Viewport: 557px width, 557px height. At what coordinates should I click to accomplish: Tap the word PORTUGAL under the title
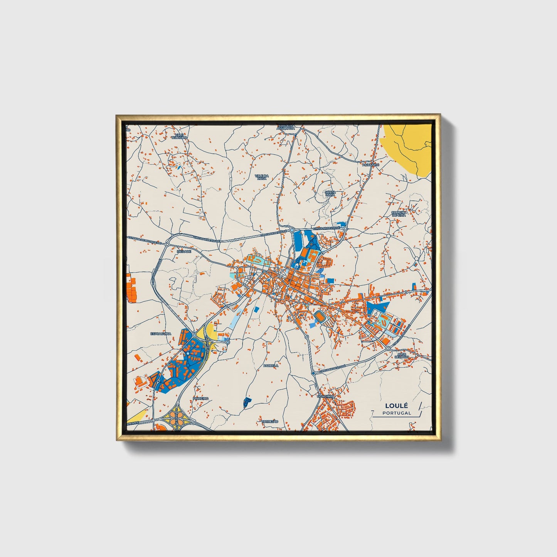tap(397, 413)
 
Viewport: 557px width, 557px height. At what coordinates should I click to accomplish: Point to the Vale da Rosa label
tap(261, 177)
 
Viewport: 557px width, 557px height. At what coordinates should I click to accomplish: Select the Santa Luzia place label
tap(330, 194)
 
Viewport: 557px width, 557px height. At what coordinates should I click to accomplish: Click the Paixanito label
tap(371, 165)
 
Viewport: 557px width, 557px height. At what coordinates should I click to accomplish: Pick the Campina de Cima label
tap(399, 214)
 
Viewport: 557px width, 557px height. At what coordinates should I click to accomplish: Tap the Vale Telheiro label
tap(179, 136)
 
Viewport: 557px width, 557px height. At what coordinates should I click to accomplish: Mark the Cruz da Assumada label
tap(287, 127)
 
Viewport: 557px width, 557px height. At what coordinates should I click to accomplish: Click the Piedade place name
tap(183, 251)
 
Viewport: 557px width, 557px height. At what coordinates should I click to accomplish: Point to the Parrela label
tap(271, 365)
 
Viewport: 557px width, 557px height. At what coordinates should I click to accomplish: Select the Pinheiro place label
tap(200, 398)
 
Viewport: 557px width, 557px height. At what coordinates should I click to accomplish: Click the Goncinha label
tap(326, 396)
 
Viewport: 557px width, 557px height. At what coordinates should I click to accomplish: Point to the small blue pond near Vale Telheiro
tap(179, 167)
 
